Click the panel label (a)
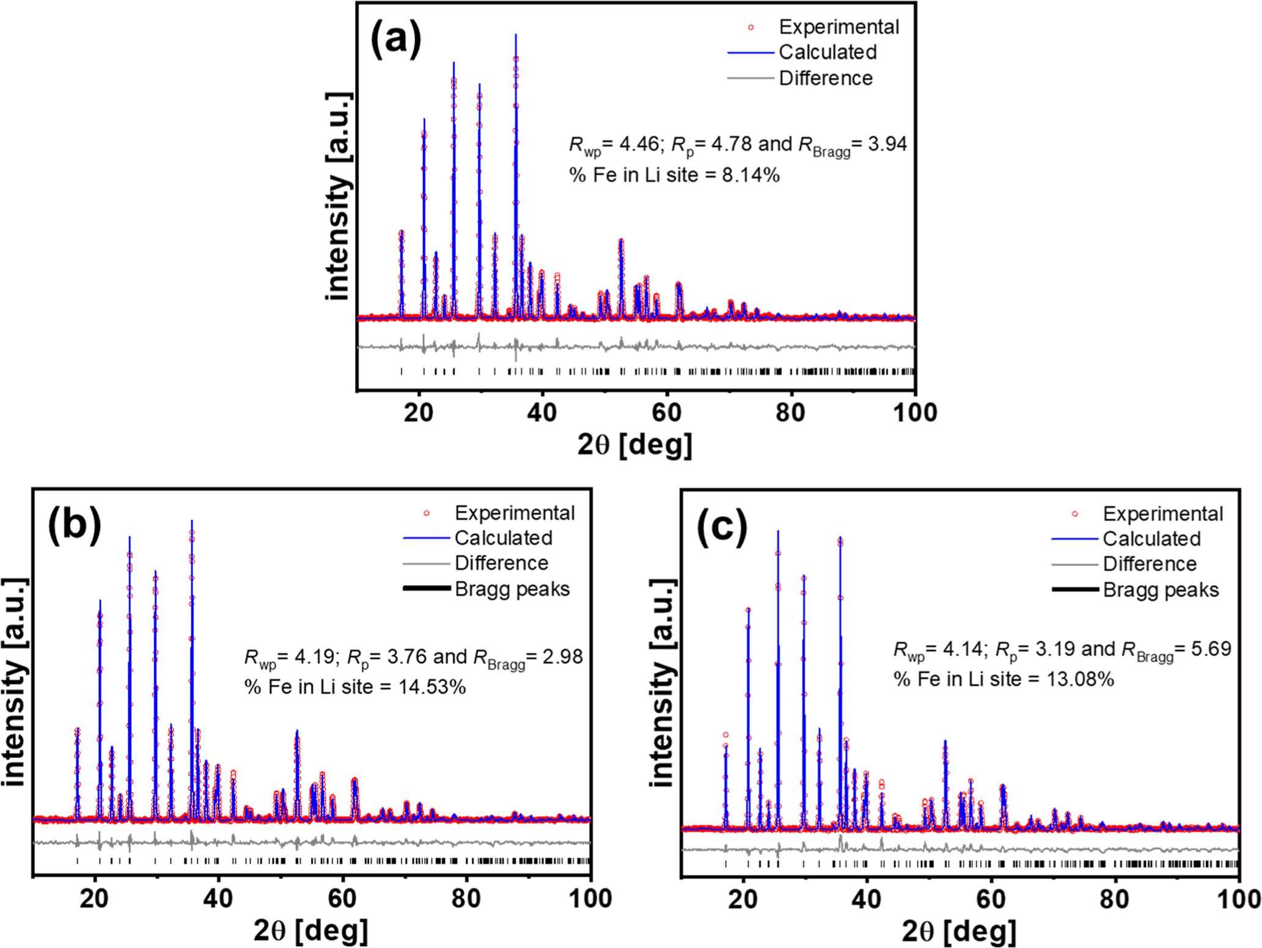coord(396,38)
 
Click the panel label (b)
coord(75,524)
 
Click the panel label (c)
coord(722,525)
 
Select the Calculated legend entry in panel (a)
coord(827,53)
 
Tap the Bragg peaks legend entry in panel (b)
coord(512,589)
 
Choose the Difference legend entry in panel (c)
coord(1149,564)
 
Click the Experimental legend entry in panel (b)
coord(514,513)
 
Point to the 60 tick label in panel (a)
coord(666,413)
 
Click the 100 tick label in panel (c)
coord(1239,900)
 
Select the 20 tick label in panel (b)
coord(94,899)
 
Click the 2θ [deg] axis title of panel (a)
coord(635,445)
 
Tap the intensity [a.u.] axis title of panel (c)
coord(662,683)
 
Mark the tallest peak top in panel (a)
coord(516,35)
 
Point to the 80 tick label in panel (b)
coord(466,899)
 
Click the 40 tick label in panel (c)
coord(866,900)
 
